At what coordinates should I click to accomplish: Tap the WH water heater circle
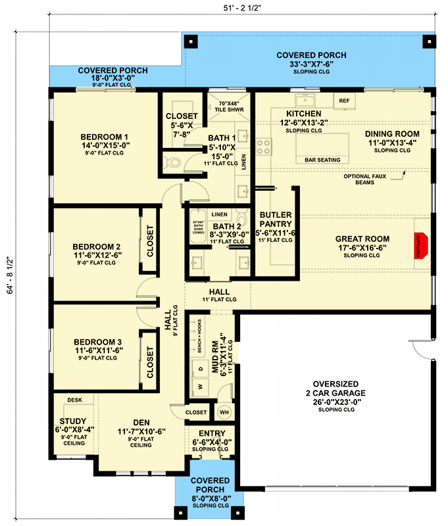(224, 412)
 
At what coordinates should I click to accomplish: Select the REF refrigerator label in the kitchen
(343, 101)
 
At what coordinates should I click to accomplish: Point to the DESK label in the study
(74, 400)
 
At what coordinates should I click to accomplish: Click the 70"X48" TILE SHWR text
(226, 107)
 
